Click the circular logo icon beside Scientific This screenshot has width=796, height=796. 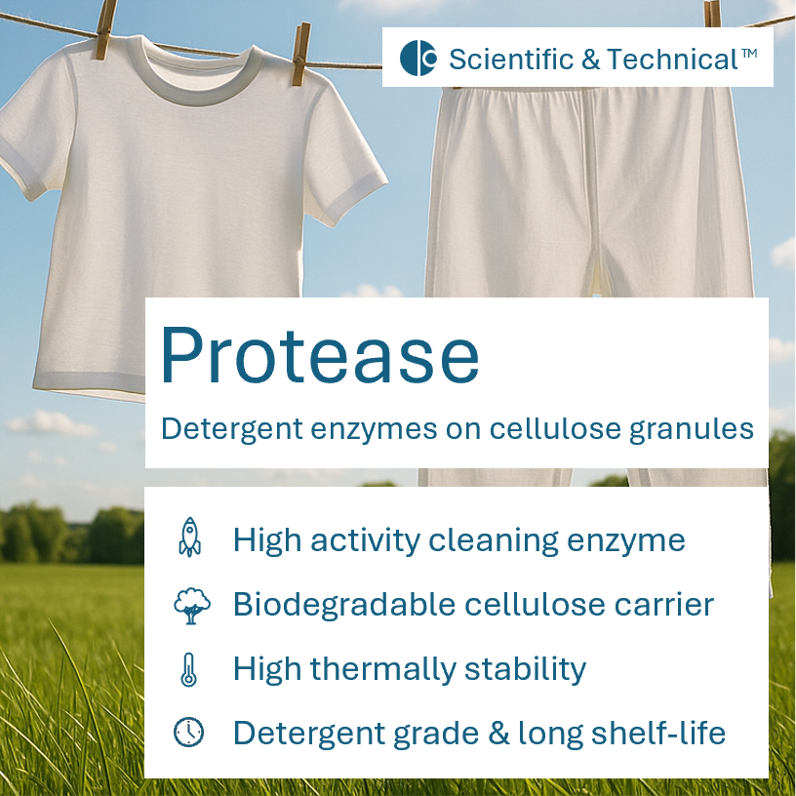click(x=418, y=59)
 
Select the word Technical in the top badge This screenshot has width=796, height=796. click(x=672, y=59)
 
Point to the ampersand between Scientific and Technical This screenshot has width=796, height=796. click(x=591, y=60)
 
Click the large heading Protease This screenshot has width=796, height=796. click(x=319, y=355)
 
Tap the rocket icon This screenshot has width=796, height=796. click(x=189, y=537)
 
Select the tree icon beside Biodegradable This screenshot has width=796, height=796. click(x=190, y=605)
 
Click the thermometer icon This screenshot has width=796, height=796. click(x=189, y=669)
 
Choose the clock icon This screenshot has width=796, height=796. click(x=189, y=733)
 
